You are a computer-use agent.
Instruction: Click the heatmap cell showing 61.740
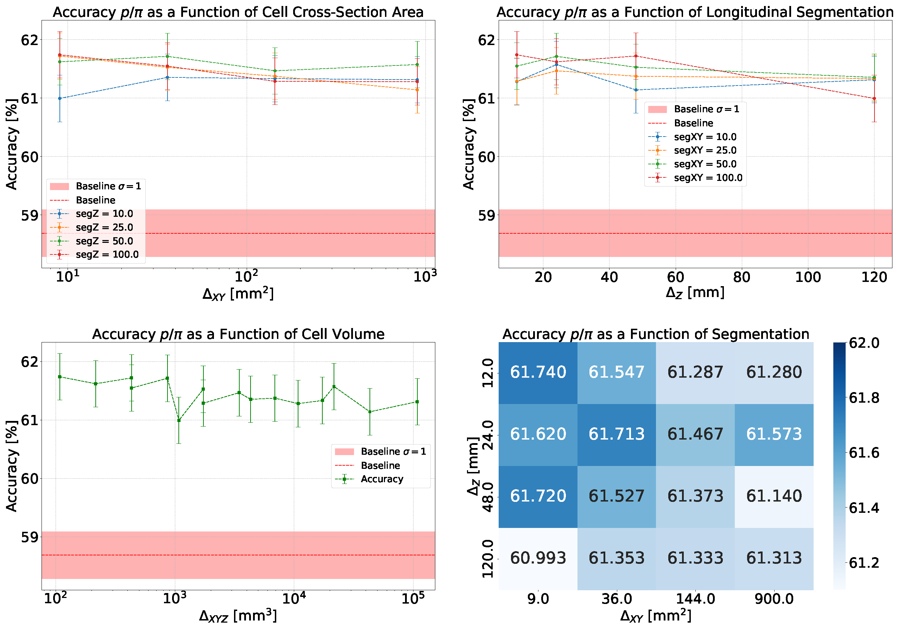(538, 372)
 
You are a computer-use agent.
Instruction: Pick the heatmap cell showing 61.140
(773, 496)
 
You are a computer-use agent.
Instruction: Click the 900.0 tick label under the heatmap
(773, 599)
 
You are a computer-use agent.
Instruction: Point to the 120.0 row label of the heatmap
(487, 559)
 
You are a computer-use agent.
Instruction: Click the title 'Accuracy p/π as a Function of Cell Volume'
(238, 334)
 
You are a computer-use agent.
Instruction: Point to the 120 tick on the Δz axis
(874, 278)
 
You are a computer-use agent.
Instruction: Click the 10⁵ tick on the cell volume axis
(413, 599)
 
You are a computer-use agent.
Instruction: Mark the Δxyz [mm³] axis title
(238, 616)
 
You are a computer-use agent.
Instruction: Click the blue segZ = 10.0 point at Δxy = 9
(60, 98)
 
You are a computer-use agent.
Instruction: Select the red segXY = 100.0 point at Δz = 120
(874, 98)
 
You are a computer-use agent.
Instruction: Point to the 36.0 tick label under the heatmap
(616, 599)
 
